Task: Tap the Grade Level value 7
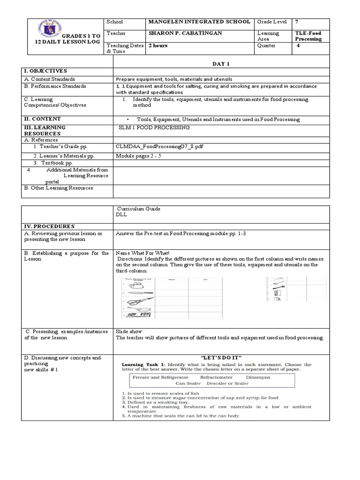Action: tap(297, 22)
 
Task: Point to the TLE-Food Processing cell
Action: tap(308, 36)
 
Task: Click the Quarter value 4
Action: tap(298, 46)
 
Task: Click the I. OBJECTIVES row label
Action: tap(45, 70)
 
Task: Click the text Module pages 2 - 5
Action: tap(138, 155)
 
